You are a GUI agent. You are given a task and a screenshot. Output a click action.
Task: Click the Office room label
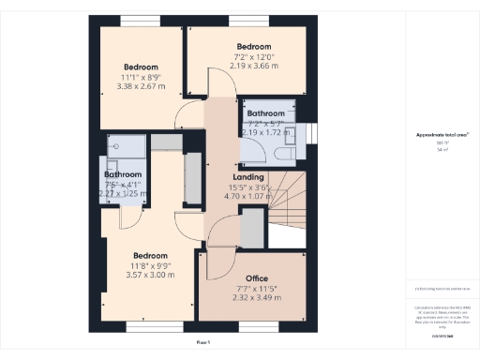pyautogui.click(x=256, y=278)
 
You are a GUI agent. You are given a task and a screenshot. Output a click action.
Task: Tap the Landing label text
pyautogui.click(x=247, y=177)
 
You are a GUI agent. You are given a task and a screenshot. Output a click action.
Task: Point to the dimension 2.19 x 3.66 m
pyautogui.click(x=253, y=66)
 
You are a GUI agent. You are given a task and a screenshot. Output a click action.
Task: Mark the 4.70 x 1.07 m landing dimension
pyautogui.click(x=247, y=197)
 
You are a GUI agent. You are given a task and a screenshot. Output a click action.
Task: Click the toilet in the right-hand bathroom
pyautogui.click(x=287, y=151)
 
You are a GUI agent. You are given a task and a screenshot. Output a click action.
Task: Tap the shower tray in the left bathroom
pyautogui.click(x=123, y=147)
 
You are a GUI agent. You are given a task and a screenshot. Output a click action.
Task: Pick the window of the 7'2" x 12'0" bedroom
pyautogui.click(x=247, y=20)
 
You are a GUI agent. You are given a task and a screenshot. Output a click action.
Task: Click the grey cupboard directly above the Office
pyautogui.click(x=252, y=228)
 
